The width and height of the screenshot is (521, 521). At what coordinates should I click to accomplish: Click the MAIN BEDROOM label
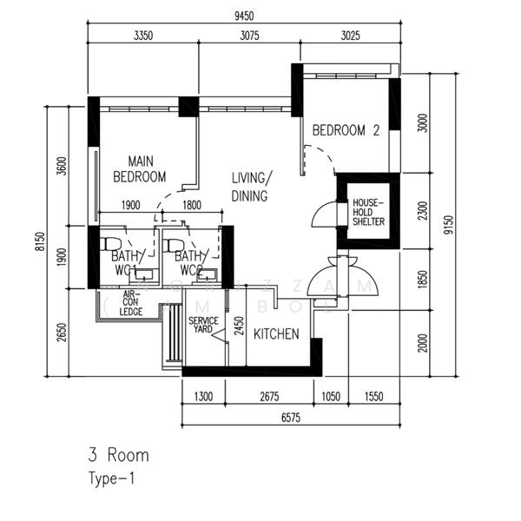[139, 168]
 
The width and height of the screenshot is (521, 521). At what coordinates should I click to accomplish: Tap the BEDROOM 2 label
[346, 131]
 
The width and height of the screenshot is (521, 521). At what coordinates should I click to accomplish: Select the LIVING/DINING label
[252, 187]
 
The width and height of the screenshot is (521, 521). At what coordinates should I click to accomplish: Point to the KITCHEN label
[276, 333]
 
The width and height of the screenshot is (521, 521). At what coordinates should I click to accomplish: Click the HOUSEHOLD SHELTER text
[367, 213]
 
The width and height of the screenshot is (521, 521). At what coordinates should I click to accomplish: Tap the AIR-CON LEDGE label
[131, 303]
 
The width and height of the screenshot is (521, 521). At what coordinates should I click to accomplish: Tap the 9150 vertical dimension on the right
[446, 226]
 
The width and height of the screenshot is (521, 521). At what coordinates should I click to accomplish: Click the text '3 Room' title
[118, 455]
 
